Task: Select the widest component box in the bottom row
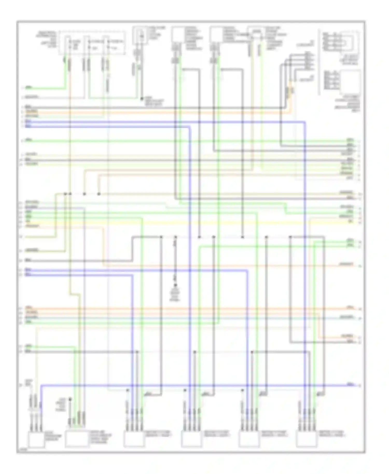pos(77,438)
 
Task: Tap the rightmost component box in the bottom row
pos(307,439)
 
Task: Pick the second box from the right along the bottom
pos(249,439)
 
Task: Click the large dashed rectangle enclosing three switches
pos(92,43)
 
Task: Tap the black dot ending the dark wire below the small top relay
pos(142,99)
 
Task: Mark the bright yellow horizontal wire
pos(182,222)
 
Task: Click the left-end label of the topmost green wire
pos(29,88)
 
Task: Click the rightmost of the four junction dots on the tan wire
pos(99,194)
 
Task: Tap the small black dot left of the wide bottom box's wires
pos(70,400)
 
